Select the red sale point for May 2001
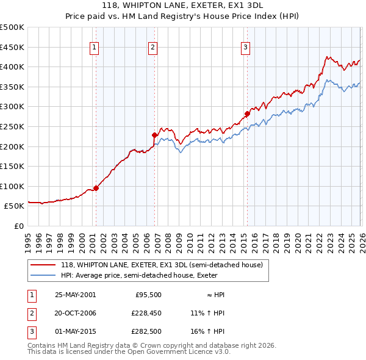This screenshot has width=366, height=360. pos(96,188)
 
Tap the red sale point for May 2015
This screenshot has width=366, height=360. pos(247,113)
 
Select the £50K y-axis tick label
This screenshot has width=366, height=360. pos(14,206)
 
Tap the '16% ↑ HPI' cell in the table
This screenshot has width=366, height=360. pos(207,331)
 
